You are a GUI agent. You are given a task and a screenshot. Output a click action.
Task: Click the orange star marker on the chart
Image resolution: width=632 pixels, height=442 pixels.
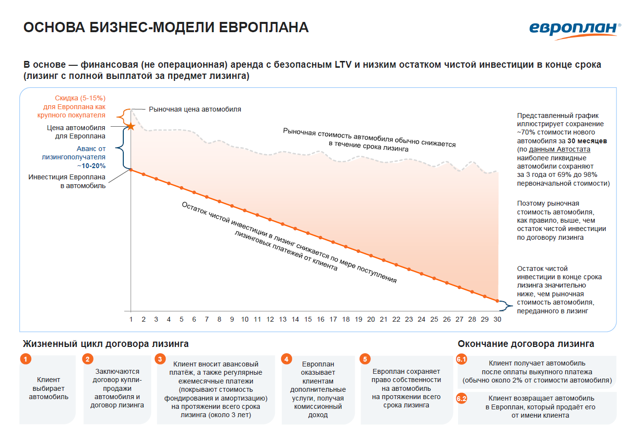(131, 127)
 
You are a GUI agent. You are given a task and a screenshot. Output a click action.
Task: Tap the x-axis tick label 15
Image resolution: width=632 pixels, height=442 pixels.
(308, 320)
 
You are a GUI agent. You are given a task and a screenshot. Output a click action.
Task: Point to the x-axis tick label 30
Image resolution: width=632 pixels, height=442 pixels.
(497, 320)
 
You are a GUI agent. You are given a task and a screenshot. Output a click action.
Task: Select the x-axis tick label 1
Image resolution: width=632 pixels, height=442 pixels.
(131, 320)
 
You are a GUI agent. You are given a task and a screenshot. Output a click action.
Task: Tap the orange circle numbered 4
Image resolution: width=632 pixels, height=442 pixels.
(287, 360)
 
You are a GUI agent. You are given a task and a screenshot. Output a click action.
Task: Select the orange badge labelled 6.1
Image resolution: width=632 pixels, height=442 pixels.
(461, 360)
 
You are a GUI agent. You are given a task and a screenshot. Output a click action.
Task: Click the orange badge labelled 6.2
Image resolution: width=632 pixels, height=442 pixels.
(461, 399)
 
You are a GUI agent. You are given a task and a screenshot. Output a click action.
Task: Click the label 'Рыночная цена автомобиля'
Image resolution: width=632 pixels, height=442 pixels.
(195, 110)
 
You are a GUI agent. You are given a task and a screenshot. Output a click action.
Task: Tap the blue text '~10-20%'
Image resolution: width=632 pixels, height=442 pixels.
(92, 166)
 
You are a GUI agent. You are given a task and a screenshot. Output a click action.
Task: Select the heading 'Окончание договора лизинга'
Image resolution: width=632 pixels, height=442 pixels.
(526, 344)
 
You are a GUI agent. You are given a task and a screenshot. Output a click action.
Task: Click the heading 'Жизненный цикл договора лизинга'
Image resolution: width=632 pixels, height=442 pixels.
(106, 344)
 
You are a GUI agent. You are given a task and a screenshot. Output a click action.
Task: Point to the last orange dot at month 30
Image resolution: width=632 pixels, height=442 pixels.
(497, 301)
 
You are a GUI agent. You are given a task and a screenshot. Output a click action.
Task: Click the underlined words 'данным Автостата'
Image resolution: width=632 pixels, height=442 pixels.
(559, 149)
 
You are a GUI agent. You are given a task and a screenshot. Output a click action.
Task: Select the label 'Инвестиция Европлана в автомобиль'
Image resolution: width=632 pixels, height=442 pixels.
(67, 181)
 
